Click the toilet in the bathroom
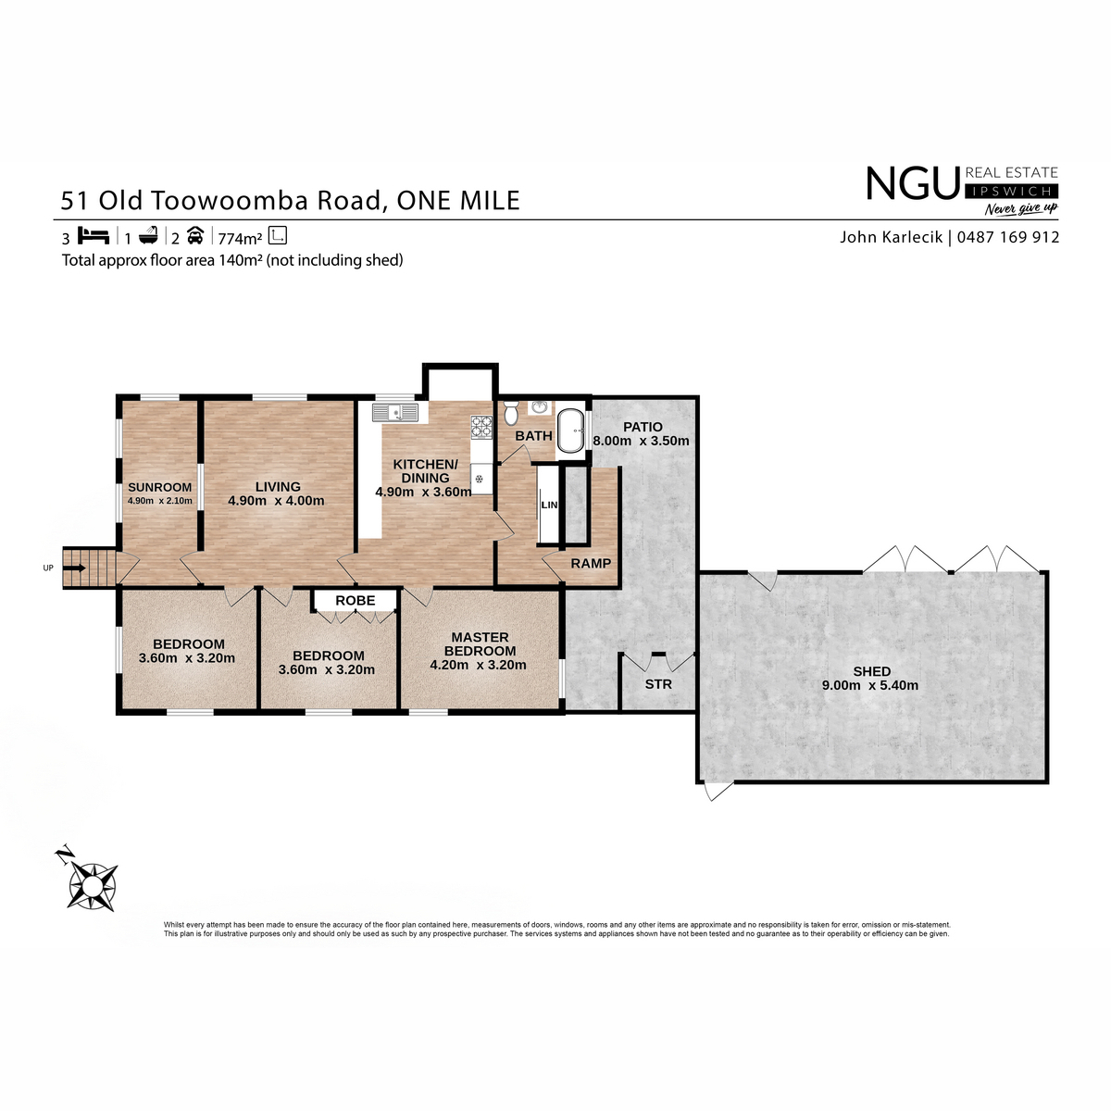[511, 412]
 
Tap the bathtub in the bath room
[570, 431]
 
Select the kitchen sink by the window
[395, 413]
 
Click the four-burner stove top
[481, 427]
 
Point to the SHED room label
[872, 671]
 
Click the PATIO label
[643, 427]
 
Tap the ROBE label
[356, 601]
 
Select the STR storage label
[658, 684]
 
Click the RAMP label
[591, 563]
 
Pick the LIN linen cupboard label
[549, 506]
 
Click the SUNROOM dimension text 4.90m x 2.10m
[159, 501]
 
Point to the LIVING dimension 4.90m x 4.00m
[276, 501]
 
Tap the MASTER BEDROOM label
[481, 644]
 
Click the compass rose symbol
[93, 887]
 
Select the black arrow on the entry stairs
[74, 568]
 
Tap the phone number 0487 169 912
[1008, 237]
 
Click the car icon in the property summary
[195, 235]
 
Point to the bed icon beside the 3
[94, 236]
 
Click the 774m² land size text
[240, 238]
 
